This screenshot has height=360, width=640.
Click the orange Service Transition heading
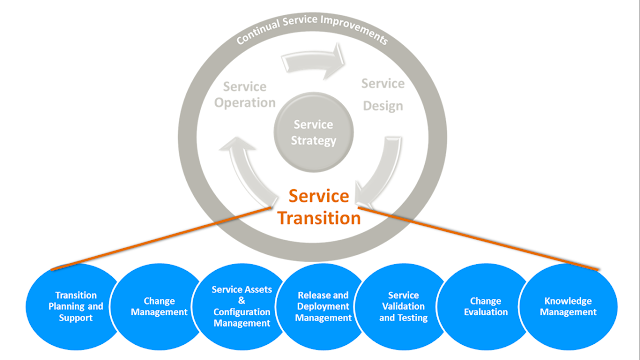tap(321, 207)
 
